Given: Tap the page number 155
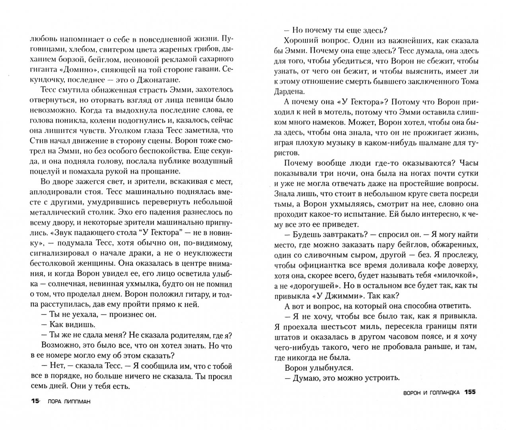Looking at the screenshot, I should (470, 392).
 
